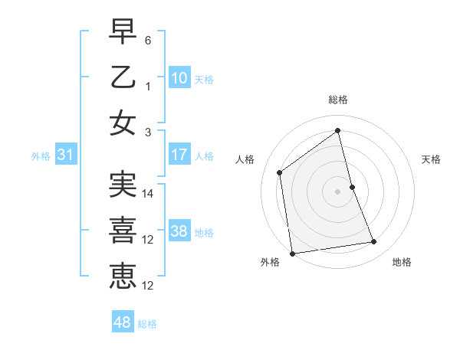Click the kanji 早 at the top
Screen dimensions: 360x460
(123, 31)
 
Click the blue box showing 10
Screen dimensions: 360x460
(179, 77)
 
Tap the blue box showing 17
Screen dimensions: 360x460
(179, 155)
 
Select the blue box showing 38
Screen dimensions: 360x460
(179, 231)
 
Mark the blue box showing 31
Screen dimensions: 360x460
(66, 155)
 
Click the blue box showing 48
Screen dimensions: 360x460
(123, 322)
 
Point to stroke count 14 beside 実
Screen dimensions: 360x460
(149, 194)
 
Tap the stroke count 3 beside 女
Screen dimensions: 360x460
(149, 133)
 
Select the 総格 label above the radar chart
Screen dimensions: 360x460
(338, 100)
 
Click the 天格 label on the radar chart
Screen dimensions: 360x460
(432, 159)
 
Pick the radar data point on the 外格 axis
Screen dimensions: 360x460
(292, 253)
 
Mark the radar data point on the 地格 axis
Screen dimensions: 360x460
(374, 242)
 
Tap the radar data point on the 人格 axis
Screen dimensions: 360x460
(280, 172)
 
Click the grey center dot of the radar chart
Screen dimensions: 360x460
(338, 191)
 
